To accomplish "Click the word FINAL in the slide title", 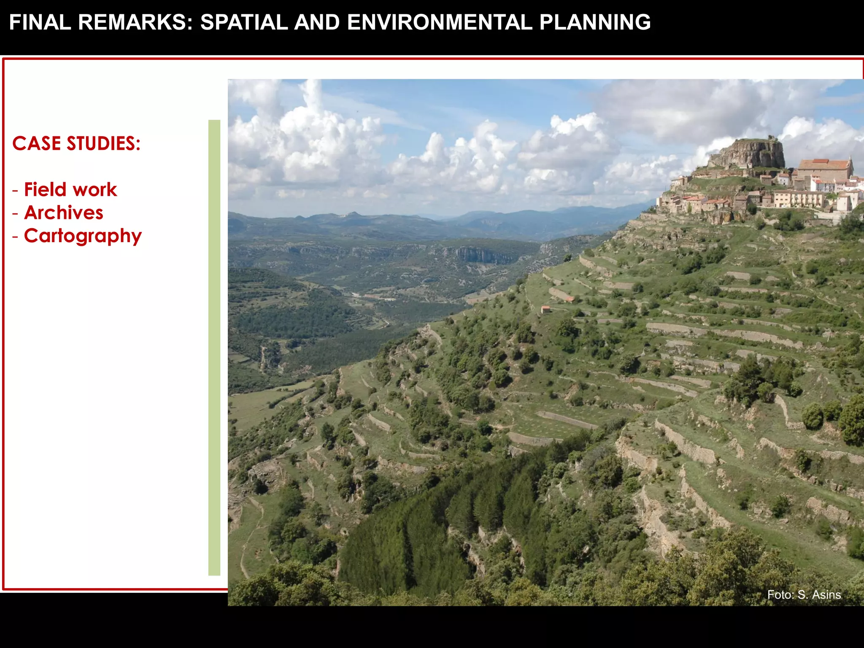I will click(x=40, y=22).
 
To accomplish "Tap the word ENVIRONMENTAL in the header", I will click(x=440, y=22).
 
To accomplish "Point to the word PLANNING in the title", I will click(x=595, y=22).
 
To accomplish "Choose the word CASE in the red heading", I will click(x=36, y=144).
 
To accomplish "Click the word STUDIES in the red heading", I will click(x=103, y=144).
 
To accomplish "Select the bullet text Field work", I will click(x=70, y=190).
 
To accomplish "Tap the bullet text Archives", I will click(x=64, y=213).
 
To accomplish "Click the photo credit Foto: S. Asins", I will click(x=804, y=595).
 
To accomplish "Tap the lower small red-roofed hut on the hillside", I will click(x=545, y=309).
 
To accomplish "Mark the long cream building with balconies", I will click(x=799, y=198).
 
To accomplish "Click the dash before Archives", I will click(x=16, y=213).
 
